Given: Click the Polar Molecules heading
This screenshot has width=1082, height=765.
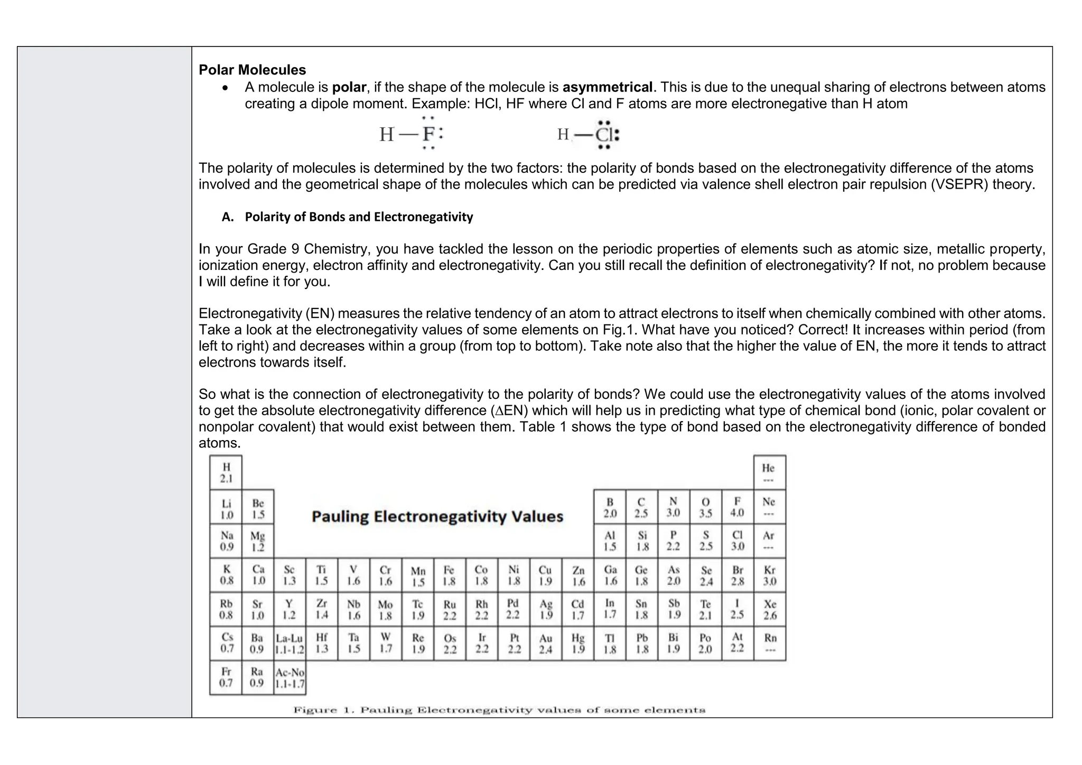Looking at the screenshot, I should click(x=252, y=70).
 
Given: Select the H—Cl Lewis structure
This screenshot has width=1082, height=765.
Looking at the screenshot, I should click(x=588, y=135).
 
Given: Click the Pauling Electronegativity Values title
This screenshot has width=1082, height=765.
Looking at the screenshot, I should click(x=437, y=516).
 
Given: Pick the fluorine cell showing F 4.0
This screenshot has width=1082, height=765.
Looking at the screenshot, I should click(x=737, y=507).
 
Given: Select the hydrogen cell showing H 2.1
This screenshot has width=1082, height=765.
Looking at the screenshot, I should click(x=226, y=472).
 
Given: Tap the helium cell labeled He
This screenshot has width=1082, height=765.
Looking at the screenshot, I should click(x=769, y=472).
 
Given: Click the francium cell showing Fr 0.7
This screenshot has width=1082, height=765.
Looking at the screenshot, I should click(x=226, y=677).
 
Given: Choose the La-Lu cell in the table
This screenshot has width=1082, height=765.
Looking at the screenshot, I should click(x=290, y=643).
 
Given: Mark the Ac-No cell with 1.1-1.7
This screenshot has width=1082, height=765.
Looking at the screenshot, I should click(x=290, y=678).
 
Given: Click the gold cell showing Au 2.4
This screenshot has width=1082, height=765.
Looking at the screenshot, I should click(x=546, y=643).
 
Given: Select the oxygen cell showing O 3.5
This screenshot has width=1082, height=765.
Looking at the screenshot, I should click(x=705, y=507).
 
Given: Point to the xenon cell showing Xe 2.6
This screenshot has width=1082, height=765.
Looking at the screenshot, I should click(x=770, y=609).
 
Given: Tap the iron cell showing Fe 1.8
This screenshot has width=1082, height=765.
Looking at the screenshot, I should click(x=449, y=575).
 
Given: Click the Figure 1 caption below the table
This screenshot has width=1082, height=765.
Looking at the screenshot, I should click(x=499, y=710).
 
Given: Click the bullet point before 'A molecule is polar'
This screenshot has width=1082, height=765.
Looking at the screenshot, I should click(x=226, y=88).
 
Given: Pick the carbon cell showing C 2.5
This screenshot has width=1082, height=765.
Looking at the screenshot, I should click(x=641, y=507).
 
